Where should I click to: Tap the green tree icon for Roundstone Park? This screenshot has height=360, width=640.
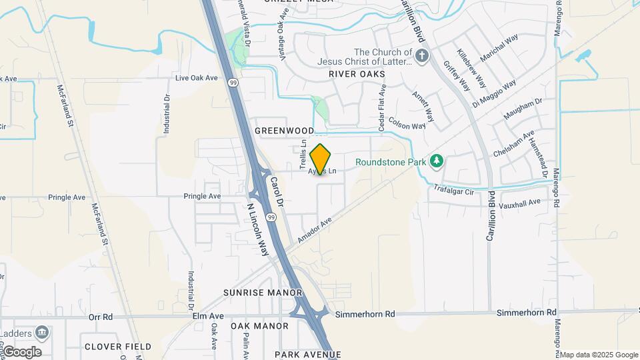point(437,161)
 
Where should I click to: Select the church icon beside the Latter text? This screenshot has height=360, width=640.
point(421,57)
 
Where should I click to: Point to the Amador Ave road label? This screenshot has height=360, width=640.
point(315,231)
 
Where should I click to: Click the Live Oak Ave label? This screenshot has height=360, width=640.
point(197,78)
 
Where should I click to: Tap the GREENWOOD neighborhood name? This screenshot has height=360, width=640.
point(284,131)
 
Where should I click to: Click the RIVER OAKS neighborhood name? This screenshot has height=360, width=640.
point(357,75)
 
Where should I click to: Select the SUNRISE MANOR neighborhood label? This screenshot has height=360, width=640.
point(263,293)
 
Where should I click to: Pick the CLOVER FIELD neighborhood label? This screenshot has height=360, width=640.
point(118,347)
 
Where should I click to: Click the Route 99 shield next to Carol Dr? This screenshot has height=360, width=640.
point(271,217)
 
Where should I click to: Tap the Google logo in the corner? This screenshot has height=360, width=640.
point(22,352)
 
